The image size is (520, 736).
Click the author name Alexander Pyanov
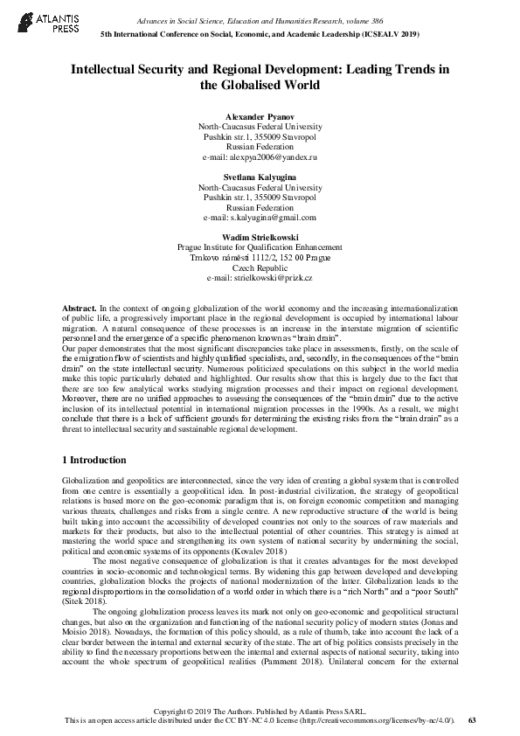point(260,116)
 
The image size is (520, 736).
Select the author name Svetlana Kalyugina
point(260,177)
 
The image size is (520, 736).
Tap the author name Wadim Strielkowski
point(260,237)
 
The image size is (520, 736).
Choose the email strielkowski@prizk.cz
point(279,278)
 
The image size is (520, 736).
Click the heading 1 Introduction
point(94,460)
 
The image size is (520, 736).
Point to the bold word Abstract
point(79,309)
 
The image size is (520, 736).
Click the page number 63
point(472,719)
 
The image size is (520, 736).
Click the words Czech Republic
point(260,267)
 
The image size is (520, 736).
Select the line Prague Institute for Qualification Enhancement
point(260,247)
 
